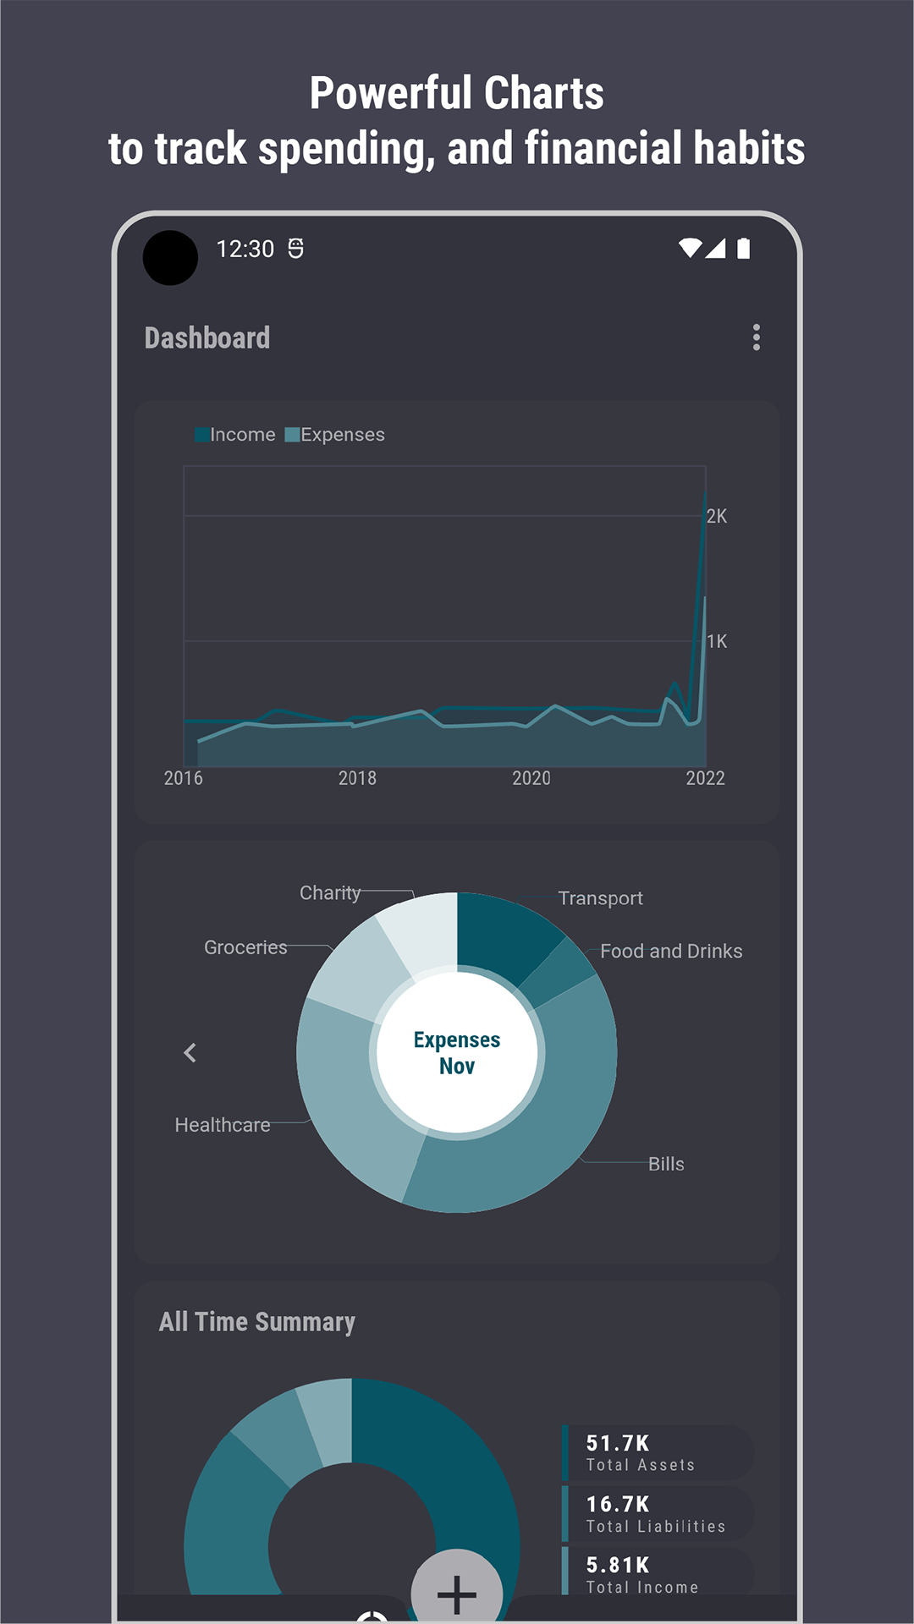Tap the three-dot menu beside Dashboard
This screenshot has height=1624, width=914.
[757, 337]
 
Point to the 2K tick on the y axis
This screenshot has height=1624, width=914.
[717, 516]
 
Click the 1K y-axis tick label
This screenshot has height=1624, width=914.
[717, 641]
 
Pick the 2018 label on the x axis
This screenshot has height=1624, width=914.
[357, 778]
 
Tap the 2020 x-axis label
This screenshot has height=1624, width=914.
[531, 778]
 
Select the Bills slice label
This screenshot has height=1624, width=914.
[666, 1164]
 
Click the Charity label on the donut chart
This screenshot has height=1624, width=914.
[330, 893]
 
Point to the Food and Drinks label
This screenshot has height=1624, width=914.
[671, 952]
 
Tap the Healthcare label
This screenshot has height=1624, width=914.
[223, 1125]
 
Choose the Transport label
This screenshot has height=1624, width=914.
[600, 898]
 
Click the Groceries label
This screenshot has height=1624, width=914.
[245, 947]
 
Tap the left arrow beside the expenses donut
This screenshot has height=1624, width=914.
[190, 1053]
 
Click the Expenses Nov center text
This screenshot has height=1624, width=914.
[457, 1053]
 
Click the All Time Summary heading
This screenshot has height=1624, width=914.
[257, 1322]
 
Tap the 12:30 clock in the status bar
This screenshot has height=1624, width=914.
[245, 250]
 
